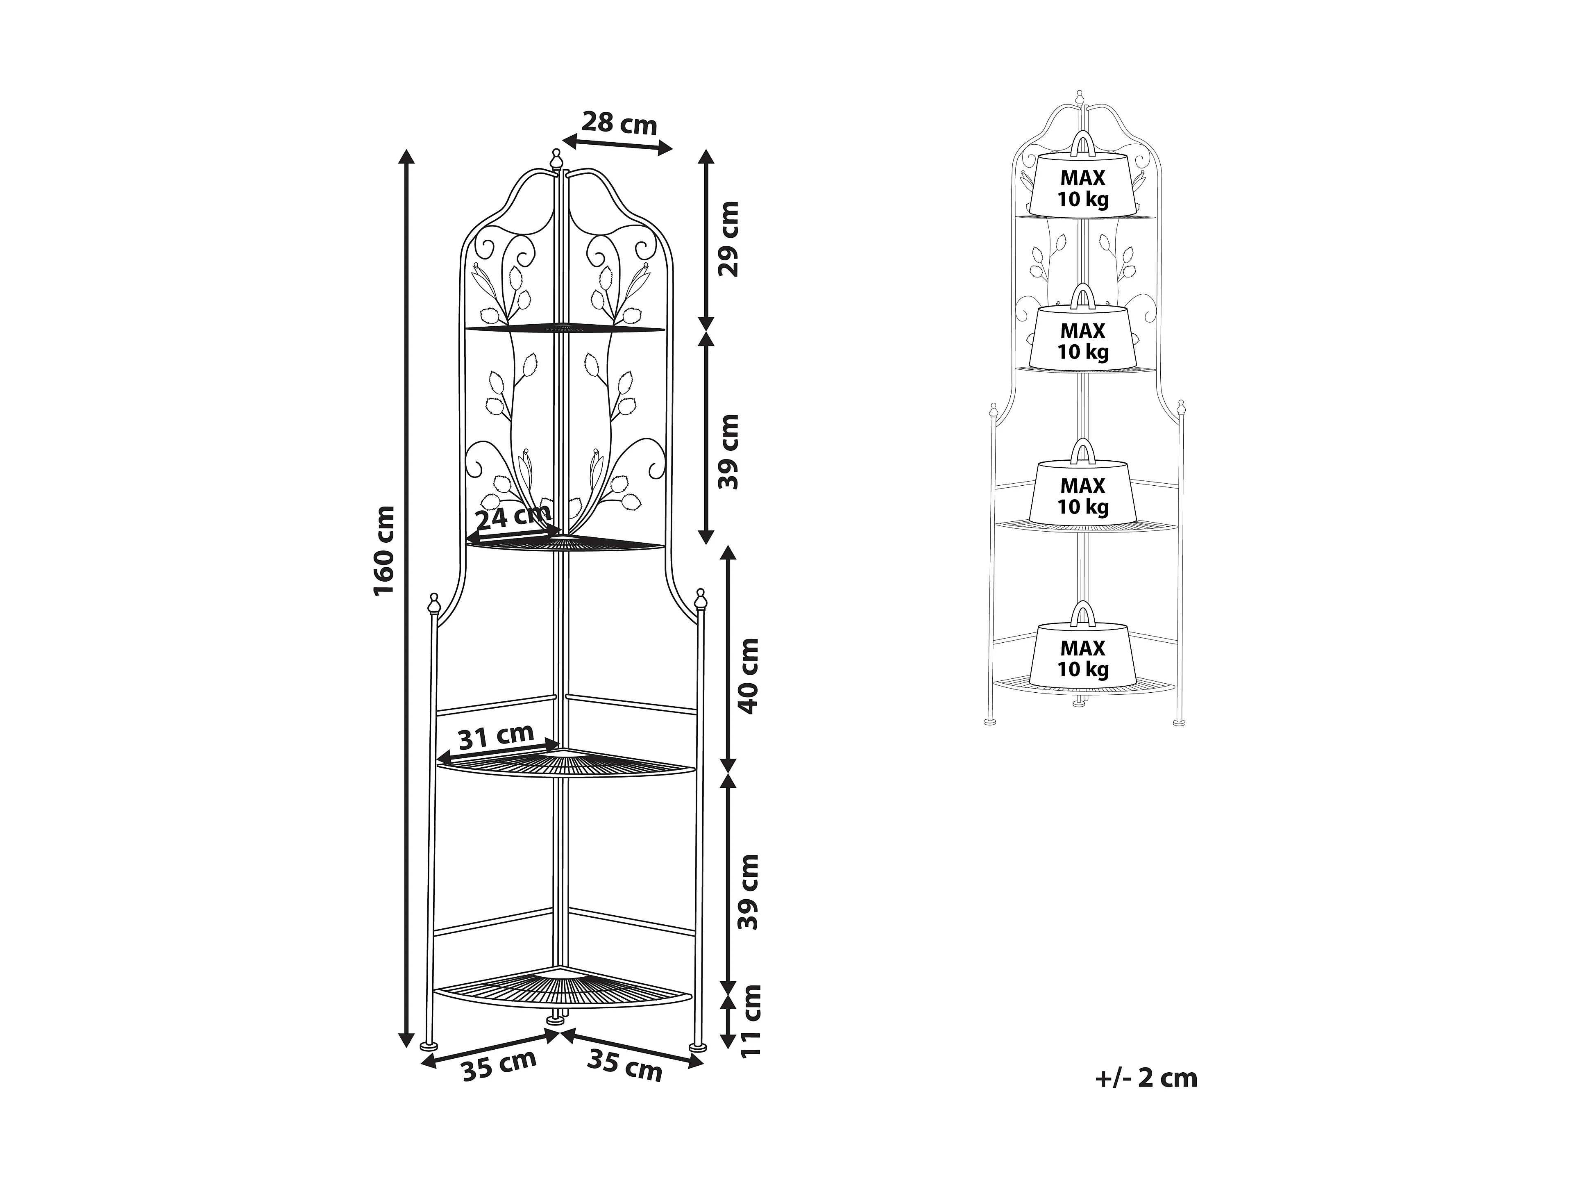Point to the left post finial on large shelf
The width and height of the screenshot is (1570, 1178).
433,604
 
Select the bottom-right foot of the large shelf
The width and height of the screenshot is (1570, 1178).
699,1045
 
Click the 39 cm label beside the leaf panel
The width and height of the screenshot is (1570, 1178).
728,452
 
